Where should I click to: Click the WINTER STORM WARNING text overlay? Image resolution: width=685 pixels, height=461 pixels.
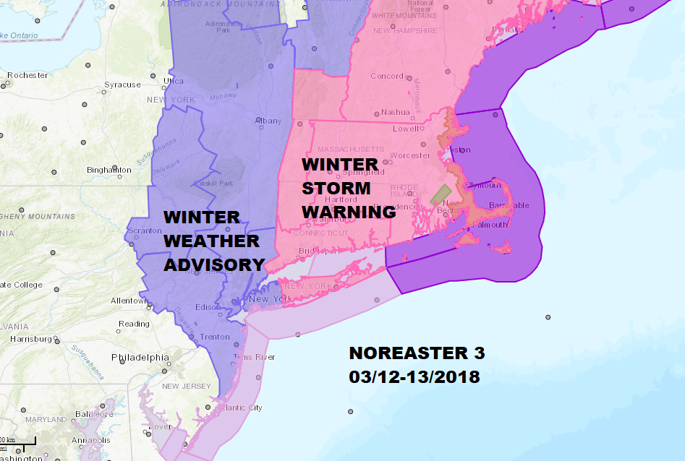click(x=348, y=189)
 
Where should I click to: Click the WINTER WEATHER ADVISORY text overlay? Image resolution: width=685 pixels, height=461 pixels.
click(x=213, y=241)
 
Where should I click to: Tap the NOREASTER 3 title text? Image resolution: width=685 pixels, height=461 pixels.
click(x=417, y=353)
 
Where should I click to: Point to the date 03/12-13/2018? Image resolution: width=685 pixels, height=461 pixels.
click(x=414, y=377)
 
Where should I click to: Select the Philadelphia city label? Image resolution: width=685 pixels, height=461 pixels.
click(x=140, y=358)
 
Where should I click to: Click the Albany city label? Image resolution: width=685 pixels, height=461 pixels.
click(x=268, y=121)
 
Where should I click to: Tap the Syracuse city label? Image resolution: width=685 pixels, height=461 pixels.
click(x=122, y=85)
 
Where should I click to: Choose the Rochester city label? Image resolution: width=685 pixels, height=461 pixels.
click(x=27, y=75)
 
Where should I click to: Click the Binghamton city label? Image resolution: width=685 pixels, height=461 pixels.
click(x=109, y=170)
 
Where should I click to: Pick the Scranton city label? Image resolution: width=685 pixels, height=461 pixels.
click(x=143, y=231)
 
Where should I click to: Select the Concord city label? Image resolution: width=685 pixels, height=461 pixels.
click(x=387, y=76)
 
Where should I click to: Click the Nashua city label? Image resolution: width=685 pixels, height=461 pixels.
click(x=396, y=112)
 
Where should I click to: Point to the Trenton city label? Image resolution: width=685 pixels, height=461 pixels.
click(x=215, y=337)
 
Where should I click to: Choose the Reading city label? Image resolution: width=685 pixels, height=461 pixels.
click(x=134, y=324)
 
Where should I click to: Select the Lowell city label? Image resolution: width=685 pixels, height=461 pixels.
click(x=406, y=129)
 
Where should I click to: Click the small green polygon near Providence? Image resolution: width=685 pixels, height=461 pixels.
click(x=440, y=194)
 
